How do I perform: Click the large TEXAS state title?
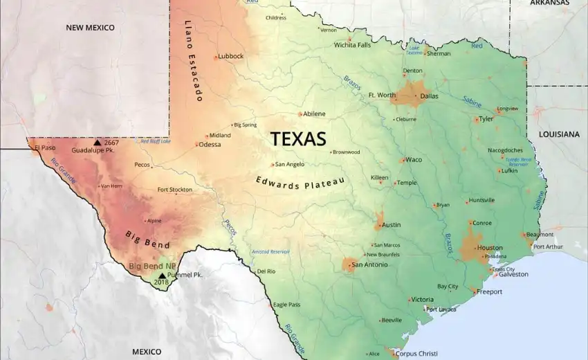pyautogui.click(x=297, y=138)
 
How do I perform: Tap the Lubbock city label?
pyautogui.click(x=230, y=56)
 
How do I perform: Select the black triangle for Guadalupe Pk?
pyautogui.click(x=97, y=142)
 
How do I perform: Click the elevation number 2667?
pyautogui.click(x=111, y=143)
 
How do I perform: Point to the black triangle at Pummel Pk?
pyautogui.click(x=162, y=275)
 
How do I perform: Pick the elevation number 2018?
pyautogui.click(x=161, y=282)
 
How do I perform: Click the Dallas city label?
pyautogui.click(x=429, y=96)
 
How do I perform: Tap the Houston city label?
pyautogui.click(x=490, y=248)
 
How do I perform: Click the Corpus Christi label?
pyautogui.click(x=416, y=353)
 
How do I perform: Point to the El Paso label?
pyautogui.click(x=44, y=147)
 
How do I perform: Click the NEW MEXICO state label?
pyautogui.click(x=90, y=28)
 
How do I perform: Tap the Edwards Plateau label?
pyautogui.click(x=300, y=182)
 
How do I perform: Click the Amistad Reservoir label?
pyautogui.click(x=269, y=252)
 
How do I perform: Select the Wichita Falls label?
pyautogui.click(x=352, y=45)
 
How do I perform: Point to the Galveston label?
pyautogui.click(x=513, y=274)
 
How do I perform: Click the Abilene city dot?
pyautogui.click(x=300, y=114)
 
